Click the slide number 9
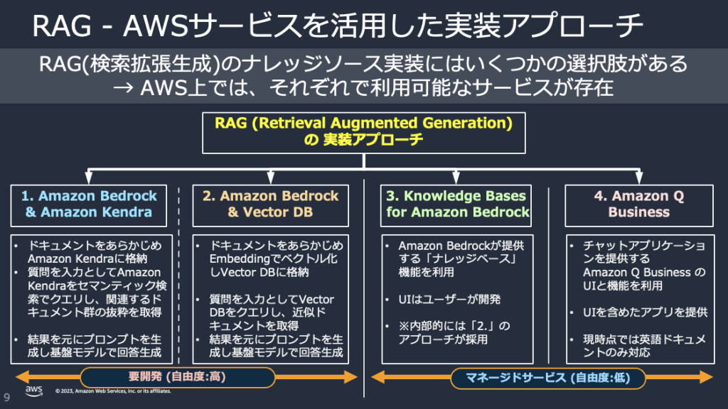(6, 396)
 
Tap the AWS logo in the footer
(34, 392)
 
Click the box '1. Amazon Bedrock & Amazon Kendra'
(89, 204)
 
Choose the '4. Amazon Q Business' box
(638, 204)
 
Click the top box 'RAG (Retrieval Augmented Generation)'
(364, 131)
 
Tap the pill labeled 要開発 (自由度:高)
(177, 378)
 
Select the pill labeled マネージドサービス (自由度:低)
(547, 378)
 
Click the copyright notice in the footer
(114, 398)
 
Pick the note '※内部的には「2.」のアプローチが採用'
(455, 332)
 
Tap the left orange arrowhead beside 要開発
(20, 378)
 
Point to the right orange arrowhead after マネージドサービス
(711, 378)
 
